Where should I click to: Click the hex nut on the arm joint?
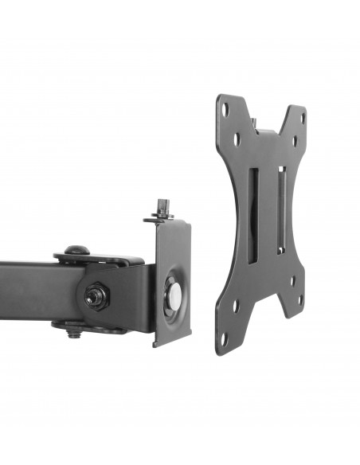tap(94, 296)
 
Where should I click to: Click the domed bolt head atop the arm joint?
tap(75, 251)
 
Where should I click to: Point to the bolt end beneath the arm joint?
tap(74, 333)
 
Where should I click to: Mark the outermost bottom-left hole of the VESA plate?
tap(224, 336)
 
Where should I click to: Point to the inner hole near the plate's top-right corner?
tap(292, 143)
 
